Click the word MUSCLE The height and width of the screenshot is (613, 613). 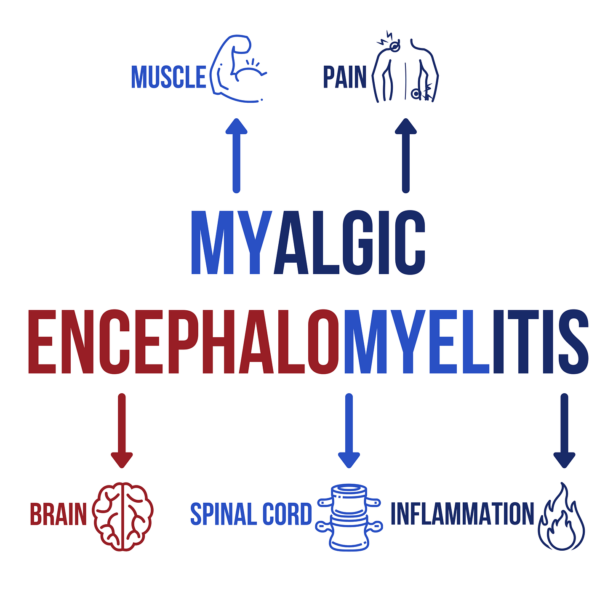[x=168, y=77]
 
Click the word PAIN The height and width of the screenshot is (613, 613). [x=344, y=77]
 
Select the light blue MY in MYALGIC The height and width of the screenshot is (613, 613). [x=232, y=243]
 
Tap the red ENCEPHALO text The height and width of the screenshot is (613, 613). [x=183, y=342]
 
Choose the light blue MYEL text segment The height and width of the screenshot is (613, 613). [x=417, y=342]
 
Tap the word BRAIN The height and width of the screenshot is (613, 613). [x=58, y=514]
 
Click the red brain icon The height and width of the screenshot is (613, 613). [x=123, y=516]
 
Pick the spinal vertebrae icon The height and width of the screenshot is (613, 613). [x=349, y=517]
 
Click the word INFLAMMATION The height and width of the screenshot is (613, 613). [x=462, y=514]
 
